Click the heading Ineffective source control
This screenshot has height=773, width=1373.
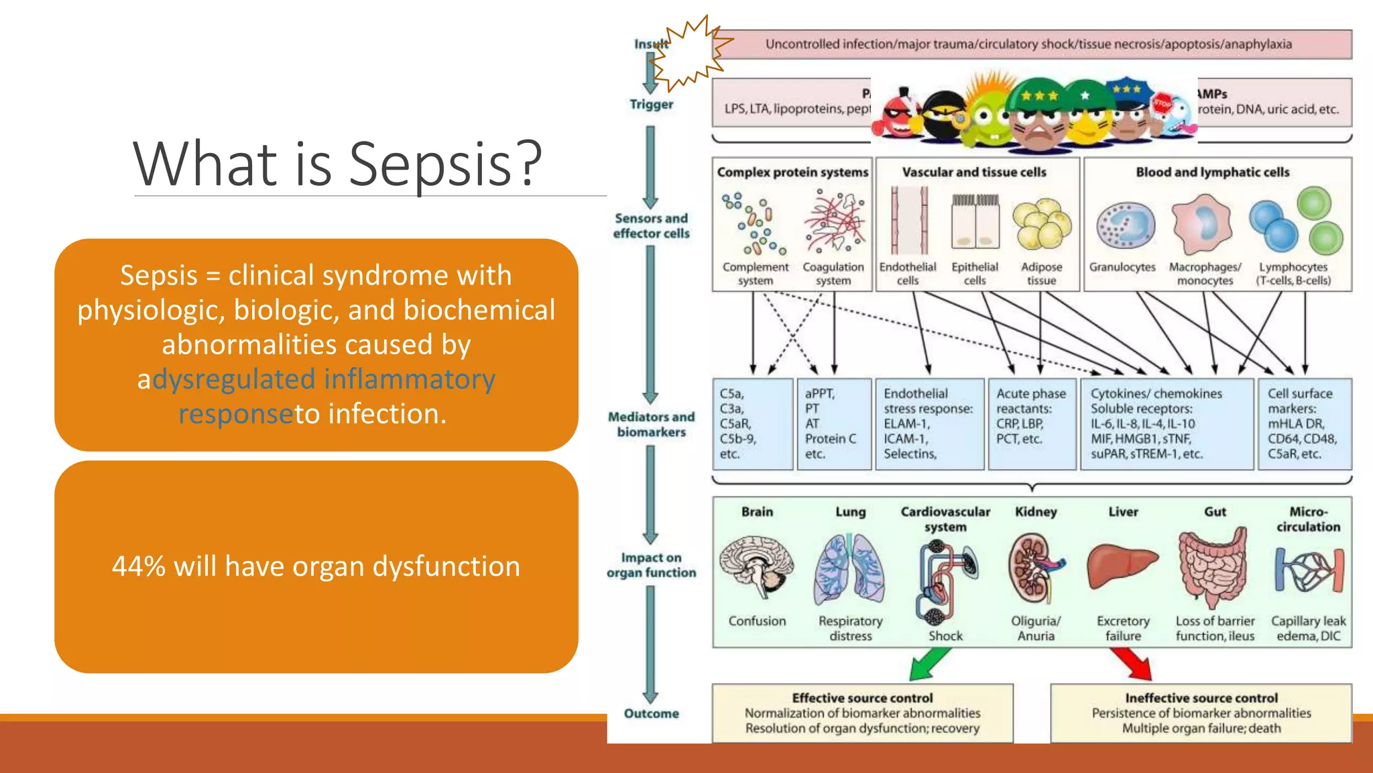click(1201, 698)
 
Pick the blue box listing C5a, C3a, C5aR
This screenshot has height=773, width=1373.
click(752, 424)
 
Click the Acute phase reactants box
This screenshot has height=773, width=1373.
click(1031, 424)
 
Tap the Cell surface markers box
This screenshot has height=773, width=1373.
click(1304, 424)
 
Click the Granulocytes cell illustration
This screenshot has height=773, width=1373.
click(1125, 226)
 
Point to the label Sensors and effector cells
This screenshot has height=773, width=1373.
click(651, 226)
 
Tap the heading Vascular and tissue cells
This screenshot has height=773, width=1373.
click(973, 172)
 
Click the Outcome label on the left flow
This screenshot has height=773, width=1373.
click(651, 713)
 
